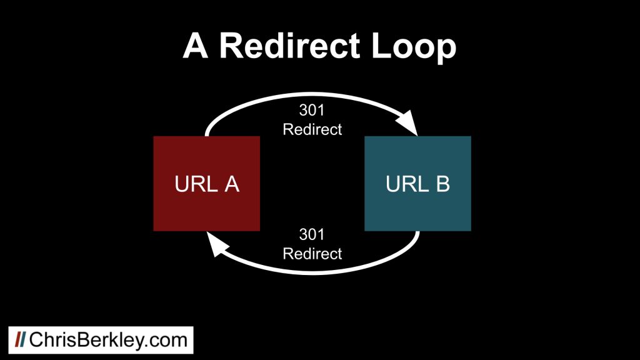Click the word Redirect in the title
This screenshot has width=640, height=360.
(290, 46)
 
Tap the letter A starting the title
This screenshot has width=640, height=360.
(196, 46)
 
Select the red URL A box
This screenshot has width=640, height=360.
(206, 184)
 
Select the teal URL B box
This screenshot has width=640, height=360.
(417, 184)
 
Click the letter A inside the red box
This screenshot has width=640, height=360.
(232, 184)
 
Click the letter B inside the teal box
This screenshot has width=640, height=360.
(443, 184)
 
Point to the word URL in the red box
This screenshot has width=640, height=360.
(196, 184)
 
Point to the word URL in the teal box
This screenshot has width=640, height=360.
(407, 184)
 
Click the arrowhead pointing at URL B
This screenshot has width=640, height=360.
(407, 122)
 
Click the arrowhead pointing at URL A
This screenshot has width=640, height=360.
(216, 244)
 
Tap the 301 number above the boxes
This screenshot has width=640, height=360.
(312, 110)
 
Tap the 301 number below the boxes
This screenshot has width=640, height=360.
(312, 235)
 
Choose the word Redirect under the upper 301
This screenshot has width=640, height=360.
(312, 129)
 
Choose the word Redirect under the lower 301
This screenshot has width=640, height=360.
(312, 254)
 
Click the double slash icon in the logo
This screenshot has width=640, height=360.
(21, 339)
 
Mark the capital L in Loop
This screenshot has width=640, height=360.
(381, 46)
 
